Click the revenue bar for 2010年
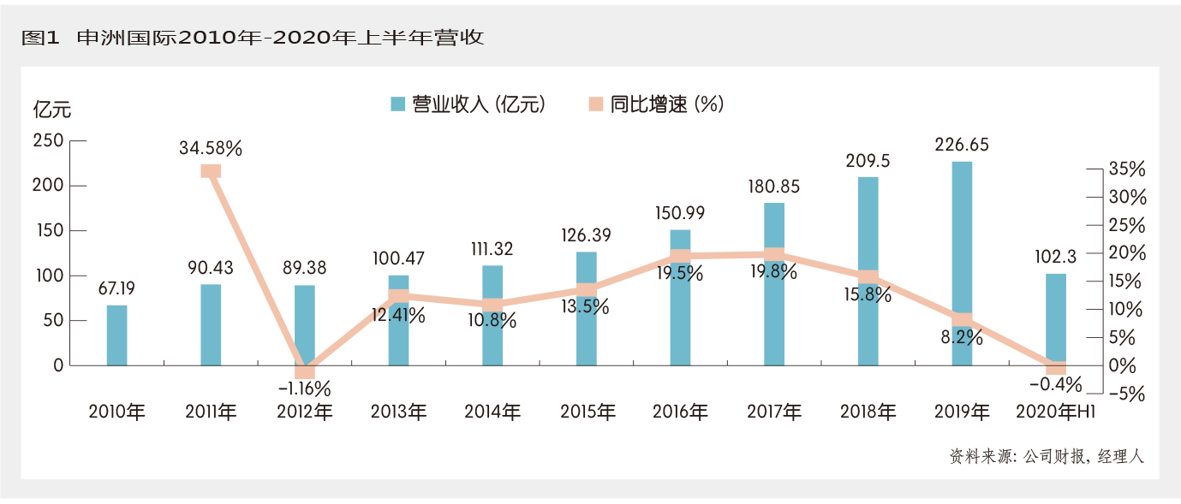point(116,335)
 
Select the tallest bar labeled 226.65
point(963,257)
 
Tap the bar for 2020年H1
point(1056,317)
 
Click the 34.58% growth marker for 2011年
point(211,170)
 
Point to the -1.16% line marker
point(305,371)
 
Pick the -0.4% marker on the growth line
point(1056,366)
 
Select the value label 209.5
point(868,161)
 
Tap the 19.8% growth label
point(773,272)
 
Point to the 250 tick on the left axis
point(48,141)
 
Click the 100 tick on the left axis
point(48,276)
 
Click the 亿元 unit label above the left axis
point(52,110)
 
